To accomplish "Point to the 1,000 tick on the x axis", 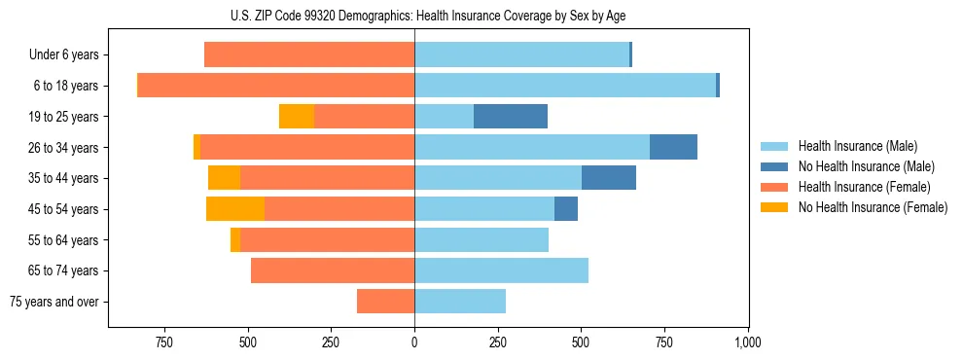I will click(747, 342).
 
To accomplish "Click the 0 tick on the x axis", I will click(414, 342).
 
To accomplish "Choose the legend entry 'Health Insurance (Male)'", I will click(857, 146).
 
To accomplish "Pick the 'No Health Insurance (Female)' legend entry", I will click(873, 207).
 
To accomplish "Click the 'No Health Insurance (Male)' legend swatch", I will click(774, 166).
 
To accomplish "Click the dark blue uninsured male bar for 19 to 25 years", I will click(511, 117).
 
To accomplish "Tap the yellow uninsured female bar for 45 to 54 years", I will click(235, 209).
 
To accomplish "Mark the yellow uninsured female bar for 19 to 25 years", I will click(297, 117).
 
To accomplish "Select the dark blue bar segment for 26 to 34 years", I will click(673, 148).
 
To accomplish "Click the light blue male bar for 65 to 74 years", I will click(501, 270).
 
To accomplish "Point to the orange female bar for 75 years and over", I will click(386, 302).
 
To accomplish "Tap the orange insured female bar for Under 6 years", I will click(309, 55).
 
